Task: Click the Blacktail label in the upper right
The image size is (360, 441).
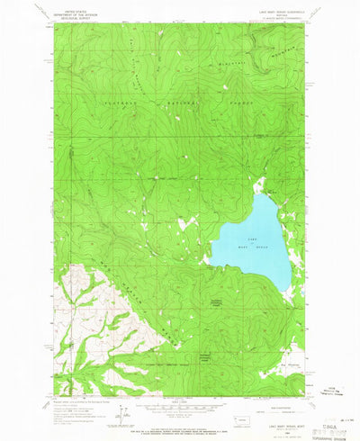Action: point(233,64)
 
